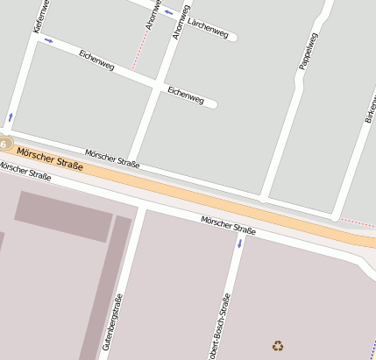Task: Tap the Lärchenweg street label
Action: [x=208, y=27]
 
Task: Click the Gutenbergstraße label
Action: [x=112, y=322]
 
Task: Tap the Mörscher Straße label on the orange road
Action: [x=50, y=159]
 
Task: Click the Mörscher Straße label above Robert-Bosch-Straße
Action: [x=228, y=225]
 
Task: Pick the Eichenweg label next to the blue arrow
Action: [x=96, y=60]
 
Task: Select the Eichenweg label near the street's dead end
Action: [x=186, y=95]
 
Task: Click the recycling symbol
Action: [x=278, y=346]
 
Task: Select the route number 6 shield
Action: [x=4, y=143]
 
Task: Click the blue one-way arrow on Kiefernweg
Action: [x=11, y=116]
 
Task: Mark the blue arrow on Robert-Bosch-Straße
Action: [x=238, y=243]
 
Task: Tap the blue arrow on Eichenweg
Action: [x=48, y=40]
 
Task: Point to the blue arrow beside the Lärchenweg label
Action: [x=168, y=12]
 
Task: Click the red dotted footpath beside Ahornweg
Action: [x=138, y=53]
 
